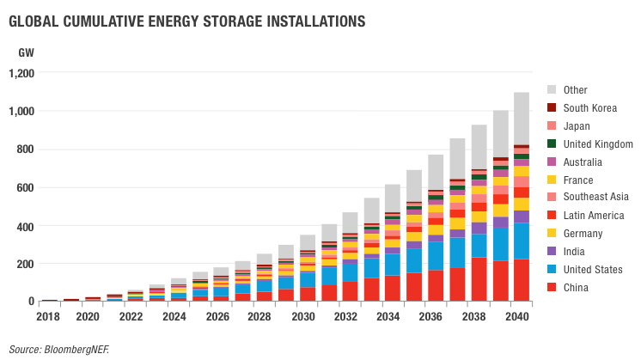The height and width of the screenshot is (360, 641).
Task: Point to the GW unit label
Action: click(x=26, y=52)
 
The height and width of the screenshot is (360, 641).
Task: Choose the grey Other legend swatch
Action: click(x=552, y=89)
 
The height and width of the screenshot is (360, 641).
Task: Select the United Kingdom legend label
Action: click(x=598, y=143)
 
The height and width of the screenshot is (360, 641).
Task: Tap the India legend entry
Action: click(x=575, y=251)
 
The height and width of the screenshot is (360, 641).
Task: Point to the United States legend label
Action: click(x=593, y=269)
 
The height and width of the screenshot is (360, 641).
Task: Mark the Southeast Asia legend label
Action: click(x=597, y=198)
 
